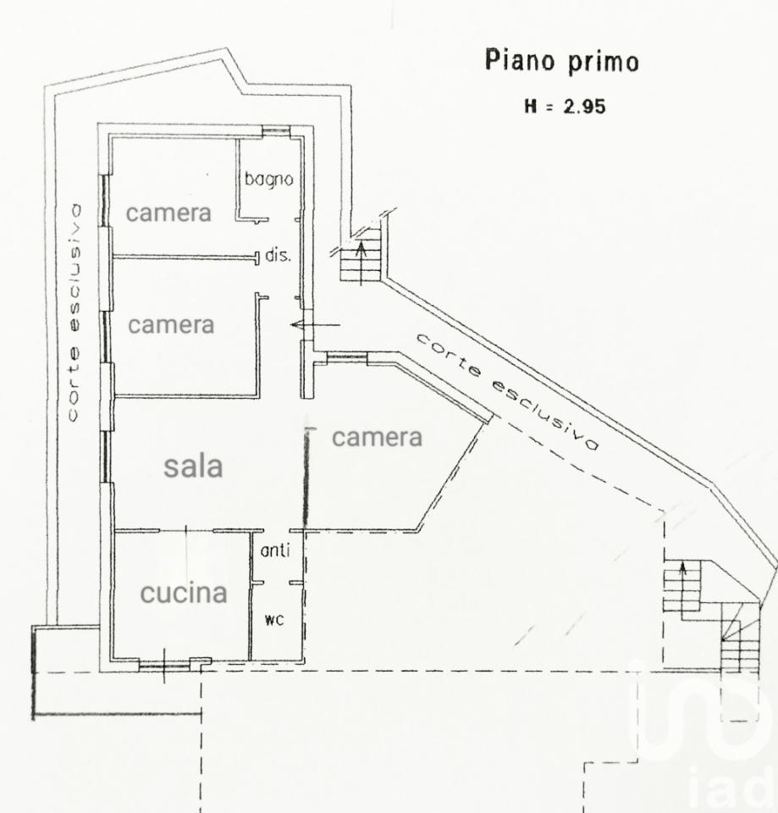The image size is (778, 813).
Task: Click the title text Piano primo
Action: [561, 61]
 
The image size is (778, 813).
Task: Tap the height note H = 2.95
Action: [565, 107]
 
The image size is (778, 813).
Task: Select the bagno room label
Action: [268, 180]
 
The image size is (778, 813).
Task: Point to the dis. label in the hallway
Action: [278, 255]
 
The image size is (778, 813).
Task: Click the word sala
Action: [193, 466]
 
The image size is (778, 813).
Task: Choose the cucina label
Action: [184, 593]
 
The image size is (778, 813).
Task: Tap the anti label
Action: [274, 550]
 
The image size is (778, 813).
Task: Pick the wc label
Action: [274, 619]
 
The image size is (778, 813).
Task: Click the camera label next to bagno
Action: [168, 213]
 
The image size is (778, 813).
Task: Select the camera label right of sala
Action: [377, 437]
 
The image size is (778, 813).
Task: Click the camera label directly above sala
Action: [171, 325]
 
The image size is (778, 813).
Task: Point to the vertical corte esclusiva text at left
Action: [74, 312]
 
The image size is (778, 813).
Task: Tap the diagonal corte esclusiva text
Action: [508, 391]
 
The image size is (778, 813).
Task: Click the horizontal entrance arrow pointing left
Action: [315, 325]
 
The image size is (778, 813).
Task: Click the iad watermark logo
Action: [703, 736]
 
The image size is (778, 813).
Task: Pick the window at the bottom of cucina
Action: [165, 665]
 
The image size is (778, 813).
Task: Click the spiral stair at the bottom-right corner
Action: [740, 638]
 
